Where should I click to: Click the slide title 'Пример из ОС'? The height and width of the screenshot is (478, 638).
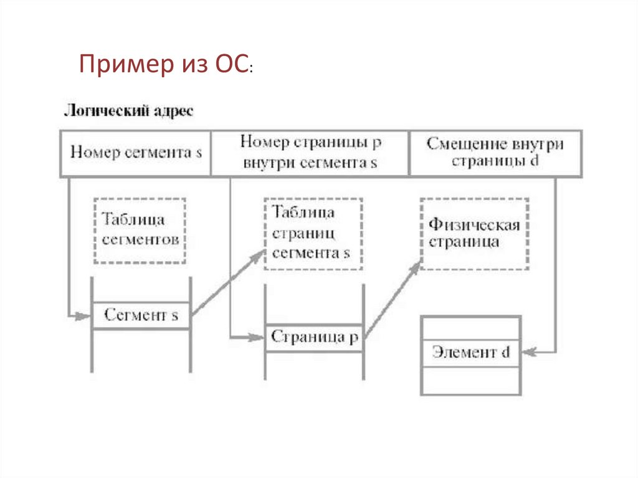(165, 65)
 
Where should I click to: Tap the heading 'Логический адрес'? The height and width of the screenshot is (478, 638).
(128, 112)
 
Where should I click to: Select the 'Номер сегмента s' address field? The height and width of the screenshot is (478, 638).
(136, 153)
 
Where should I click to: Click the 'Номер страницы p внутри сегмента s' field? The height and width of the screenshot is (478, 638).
(310, 153)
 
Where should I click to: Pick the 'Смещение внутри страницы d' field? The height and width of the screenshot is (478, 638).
(495, 153)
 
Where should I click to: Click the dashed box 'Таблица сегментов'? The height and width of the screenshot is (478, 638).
(140, 231)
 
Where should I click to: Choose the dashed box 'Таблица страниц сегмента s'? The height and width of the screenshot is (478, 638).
(313, 233)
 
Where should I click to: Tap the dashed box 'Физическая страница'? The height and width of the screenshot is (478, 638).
(474, 233)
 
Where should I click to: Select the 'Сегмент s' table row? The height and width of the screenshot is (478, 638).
(141, 315)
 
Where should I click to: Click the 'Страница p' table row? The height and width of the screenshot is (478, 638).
(315, 338)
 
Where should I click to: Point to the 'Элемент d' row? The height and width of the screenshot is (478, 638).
(470, 353)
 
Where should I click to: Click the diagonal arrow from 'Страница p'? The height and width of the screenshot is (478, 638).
(392, 300)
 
